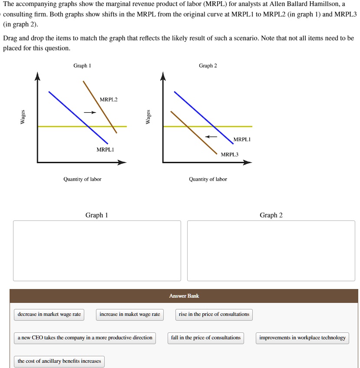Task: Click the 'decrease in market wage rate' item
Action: [49, 314]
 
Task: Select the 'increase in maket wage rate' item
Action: [130, 314]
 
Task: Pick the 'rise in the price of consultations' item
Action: [214, 314]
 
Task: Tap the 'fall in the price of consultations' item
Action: [206, 338]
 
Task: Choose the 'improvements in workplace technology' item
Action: [302, 338]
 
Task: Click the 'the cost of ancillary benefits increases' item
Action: [59, 361]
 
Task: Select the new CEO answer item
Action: [85, 338]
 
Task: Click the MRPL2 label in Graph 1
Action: [109, 100]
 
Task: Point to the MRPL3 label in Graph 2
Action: [230, 154]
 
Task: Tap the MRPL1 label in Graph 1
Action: [105, 150]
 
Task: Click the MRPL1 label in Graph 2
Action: [242, 140]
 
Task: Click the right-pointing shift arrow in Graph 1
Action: [89, 112]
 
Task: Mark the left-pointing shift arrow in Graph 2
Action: [211, 136]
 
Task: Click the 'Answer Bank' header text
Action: [184, 296]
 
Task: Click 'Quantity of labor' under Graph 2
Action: [208, 179]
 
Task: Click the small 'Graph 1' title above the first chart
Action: [82, 66]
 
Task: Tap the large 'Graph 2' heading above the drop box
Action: [271, 215]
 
